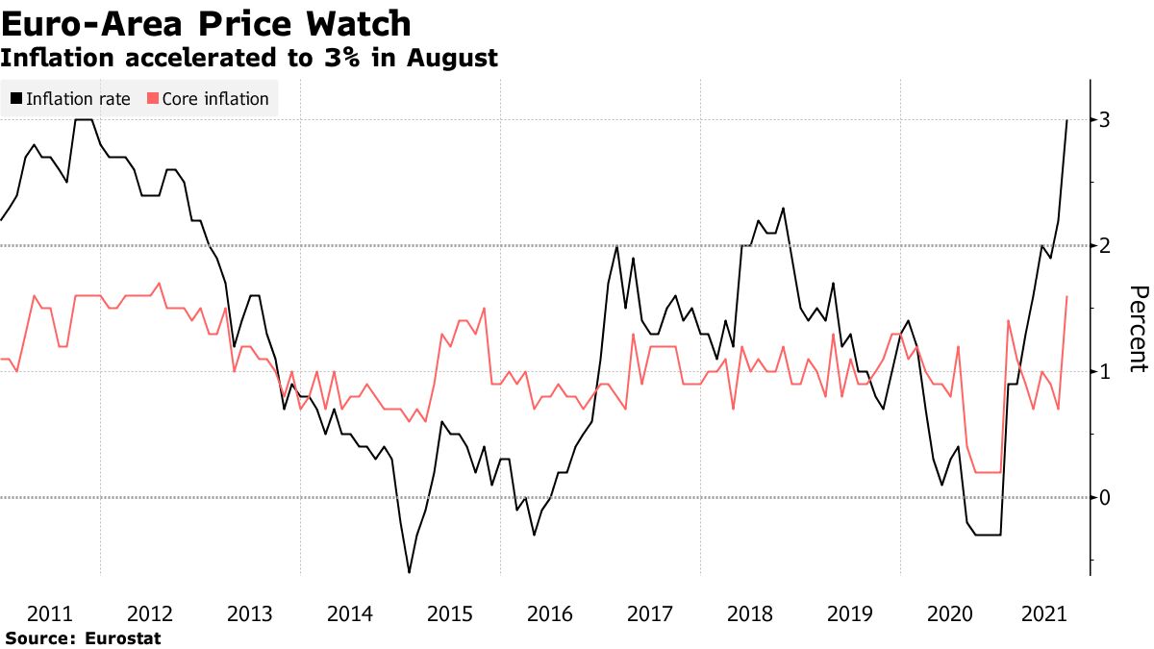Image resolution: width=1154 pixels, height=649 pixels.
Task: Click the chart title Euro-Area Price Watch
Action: point(206,23)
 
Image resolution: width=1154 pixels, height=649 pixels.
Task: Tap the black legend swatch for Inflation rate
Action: point(16,98)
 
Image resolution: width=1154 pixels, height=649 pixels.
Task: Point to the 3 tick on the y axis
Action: point(1105,120)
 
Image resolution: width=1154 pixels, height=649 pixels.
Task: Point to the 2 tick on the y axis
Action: point(1105,246)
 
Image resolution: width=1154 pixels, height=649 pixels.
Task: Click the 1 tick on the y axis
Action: point(1105,372)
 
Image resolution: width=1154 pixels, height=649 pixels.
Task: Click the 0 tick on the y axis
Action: point(1105,498)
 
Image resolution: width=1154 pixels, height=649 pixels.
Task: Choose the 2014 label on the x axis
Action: point(349,613)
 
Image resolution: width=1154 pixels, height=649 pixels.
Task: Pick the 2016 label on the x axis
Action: point(549,613)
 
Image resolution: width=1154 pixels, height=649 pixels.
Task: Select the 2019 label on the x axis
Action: point(849,613)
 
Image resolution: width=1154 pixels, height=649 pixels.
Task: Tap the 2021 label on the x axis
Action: point(1049,613)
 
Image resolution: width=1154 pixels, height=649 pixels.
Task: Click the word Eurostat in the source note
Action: point(123,637)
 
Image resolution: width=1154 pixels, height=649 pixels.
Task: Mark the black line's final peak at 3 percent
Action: point(1066,120)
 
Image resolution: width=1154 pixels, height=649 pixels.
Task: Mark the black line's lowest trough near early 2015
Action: point(409,573)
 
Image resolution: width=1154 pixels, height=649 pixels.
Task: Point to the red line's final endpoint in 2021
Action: point(1066,297)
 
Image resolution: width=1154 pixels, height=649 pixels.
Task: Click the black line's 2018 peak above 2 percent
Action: point(783,208)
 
